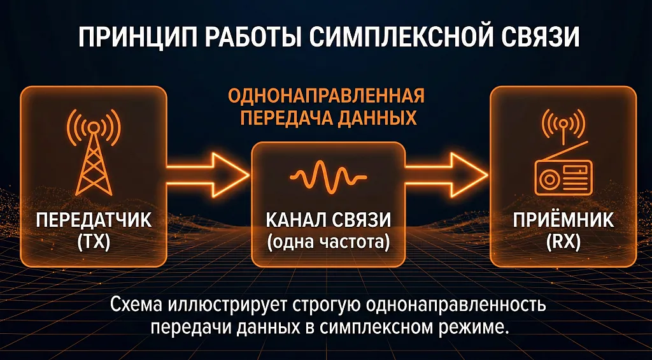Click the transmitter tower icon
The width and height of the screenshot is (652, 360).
point(94,152)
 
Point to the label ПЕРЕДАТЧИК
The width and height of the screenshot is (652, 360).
point(94,220)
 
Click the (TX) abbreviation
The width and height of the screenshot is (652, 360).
point(94,243)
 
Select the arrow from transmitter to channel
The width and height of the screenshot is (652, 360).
point(208,175)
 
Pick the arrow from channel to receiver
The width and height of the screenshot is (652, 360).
point(446,175)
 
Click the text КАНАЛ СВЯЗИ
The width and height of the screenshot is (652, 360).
point(329,220)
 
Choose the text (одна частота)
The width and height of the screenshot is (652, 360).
point(329,243)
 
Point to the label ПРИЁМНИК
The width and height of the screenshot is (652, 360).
point(563,220)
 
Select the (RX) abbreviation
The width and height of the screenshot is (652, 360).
point(563,243)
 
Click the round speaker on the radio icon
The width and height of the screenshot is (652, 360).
point(548,180)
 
